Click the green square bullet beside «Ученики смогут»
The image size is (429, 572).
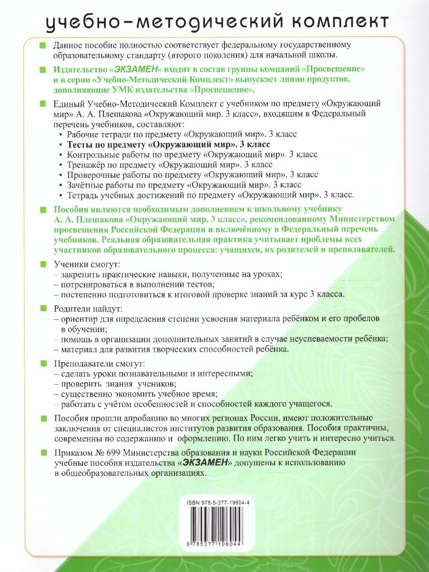point(43,264)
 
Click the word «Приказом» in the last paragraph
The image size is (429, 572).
point(74,452)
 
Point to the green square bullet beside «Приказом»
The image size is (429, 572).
point(43,452)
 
